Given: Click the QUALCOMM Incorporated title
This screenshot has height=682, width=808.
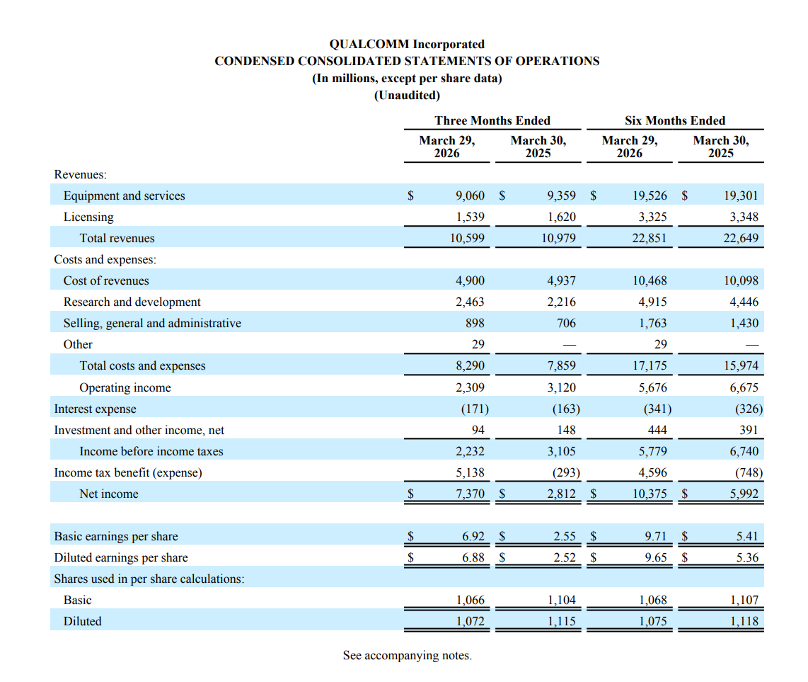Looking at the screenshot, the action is tap(407, 44).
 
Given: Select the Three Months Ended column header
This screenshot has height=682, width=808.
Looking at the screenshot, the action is tap(492, 120).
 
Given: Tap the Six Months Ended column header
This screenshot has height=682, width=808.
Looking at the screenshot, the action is tap(674, 120).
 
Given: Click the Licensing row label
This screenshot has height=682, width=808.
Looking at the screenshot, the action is tap(88, 217).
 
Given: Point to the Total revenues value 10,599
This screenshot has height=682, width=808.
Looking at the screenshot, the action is tap(467, 238).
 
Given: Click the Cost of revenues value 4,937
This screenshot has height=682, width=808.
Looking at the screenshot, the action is tap(561, 280).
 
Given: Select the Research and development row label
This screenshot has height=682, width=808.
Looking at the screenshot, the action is tap(132, 302).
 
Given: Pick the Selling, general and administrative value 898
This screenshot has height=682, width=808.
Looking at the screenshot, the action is tap(475, 323).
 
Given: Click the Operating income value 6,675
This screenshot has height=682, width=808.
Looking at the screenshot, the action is tap(744, 387).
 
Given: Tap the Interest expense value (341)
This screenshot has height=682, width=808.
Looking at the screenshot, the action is tap(657, 409).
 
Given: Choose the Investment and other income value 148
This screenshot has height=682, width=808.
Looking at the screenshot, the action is tap(566, 430).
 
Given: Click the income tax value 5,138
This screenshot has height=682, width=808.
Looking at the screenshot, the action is tap(470, 472).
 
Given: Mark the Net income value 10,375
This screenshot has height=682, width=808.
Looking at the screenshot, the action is tap(650, 494).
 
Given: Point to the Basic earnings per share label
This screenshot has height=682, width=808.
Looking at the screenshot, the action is tap(116, 537).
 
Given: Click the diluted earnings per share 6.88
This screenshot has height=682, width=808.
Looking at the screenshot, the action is tap(473, 557).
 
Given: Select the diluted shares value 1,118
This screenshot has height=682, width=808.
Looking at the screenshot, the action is tap(744, 621).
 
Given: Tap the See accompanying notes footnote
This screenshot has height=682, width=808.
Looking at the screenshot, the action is tap(407, 655).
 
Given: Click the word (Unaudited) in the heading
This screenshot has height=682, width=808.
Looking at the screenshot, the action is tap(407, 96).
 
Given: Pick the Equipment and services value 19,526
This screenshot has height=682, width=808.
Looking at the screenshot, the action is tap(650, 195).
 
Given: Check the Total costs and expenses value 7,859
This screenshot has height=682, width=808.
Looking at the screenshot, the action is tap(561, 365).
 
